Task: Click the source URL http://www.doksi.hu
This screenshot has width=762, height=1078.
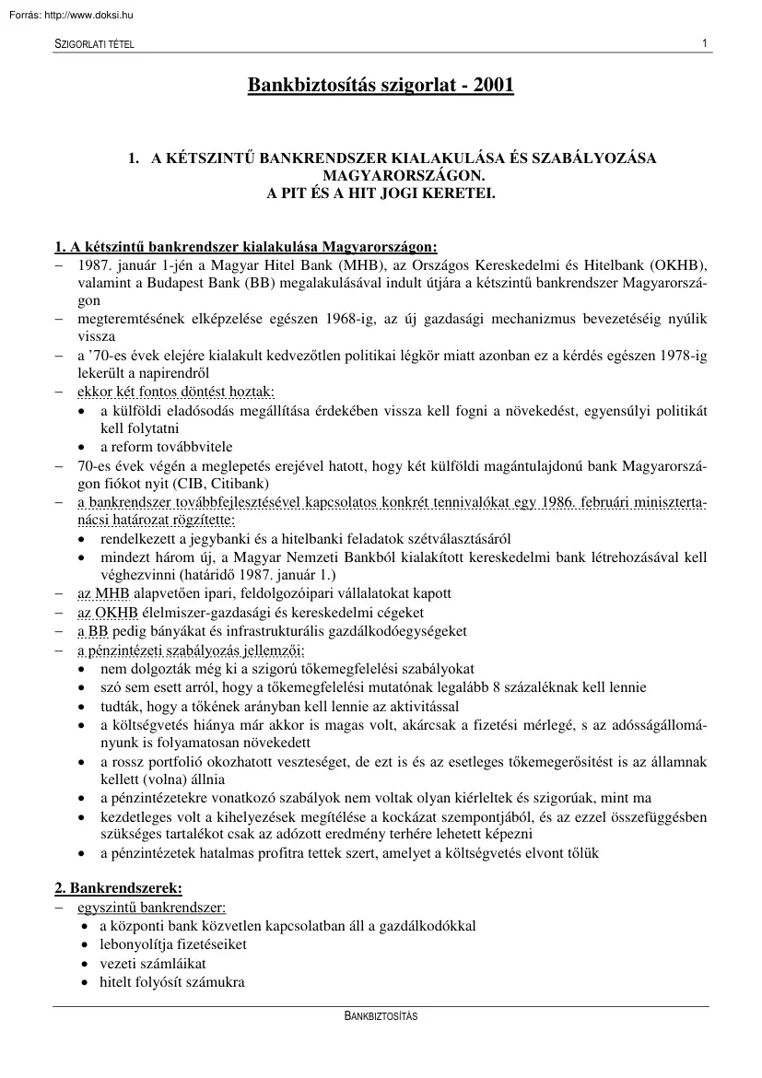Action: click(87, 14)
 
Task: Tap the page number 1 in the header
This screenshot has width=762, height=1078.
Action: click(704, 43)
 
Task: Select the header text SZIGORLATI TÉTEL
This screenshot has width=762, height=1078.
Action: click(94, 45)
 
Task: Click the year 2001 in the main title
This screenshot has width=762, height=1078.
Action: click(493, 86)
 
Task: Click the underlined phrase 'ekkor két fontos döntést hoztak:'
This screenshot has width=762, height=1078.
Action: click(170, 392)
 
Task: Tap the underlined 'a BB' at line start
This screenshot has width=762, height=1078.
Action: click(92, 631)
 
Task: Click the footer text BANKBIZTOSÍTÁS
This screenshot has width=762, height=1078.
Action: click(381, 1016)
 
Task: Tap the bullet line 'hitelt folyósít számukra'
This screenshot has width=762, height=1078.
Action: click(172, 982)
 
